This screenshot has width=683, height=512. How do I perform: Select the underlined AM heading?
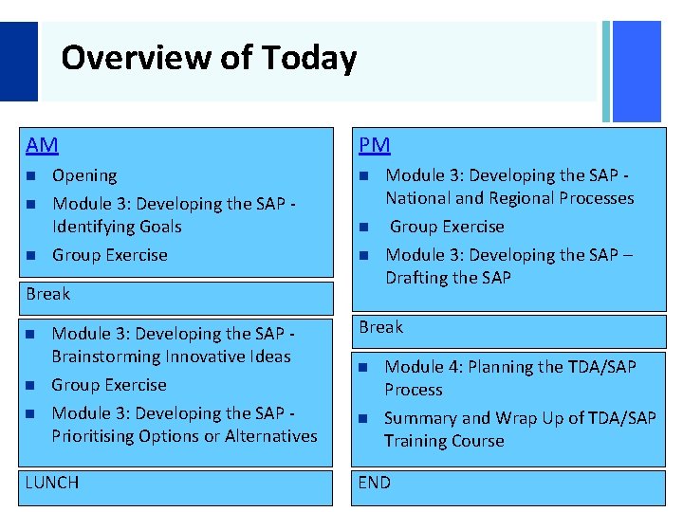tap(42, 145)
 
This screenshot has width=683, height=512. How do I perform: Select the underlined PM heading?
tap(374, 145)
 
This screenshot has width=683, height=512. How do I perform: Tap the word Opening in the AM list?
tap(84, 175)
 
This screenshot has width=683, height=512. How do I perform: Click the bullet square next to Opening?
tap(31, 176)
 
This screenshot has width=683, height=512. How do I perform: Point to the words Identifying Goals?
tap(117, 227)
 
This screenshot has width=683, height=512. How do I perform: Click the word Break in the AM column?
tap(48, 294)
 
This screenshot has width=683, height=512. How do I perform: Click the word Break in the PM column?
tap(380, 327)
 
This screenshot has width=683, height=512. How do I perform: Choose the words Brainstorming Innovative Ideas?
tap(171, 357)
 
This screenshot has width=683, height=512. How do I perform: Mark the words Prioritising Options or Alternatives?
tap(184, 436)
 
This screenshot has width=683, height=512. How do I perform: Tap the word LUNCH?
tap(52, 483)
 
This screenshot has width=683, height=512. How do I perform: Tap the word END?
tap(374, 483)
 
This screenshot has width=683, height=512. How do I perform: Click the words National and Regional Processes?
tap(508, 198)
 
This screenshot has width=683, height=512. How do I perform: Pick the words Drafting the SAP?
tap(448, 278)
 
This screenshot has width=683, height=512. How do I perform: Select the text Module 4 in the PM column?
tap(417, 367)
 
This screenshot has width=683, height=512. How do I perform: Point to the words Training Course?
tap(443, 441)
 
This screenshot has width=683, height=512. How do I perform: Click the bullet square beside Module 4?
tap(363, 368)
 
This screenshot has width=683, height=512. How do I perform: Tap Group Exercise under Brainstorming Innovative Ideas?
tap(108, 385)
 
